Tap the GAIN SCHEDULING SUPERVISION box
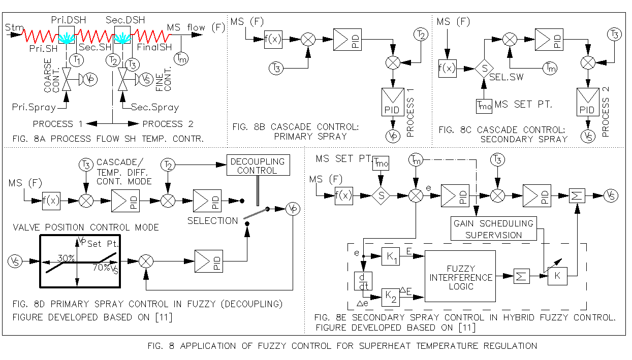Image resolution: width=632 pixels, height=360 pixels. tap(494, 229)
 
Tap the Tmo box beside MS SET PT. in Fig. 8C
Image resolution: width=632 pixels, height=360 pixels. tap(483, 105)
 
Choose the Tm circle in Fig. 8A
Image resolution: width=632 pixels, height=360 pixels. tap(181, 58)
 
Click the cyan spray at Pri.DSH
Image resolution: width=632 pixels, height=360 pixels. tap(67, 38)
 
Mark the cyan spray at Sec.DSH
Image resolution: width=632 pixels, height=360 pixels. tap(121, 38)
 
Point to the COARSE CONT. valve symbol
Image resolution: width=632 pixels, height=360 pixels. tap(67, 81)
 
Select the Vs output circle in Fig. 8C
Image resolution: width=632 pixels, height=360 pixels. tap(588, 137)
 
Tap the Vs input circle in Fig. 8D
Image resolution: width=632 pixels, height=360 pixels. tap(15, 260)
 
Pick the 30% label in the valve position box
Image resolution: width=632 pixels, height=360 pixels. tap(66, 258)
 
